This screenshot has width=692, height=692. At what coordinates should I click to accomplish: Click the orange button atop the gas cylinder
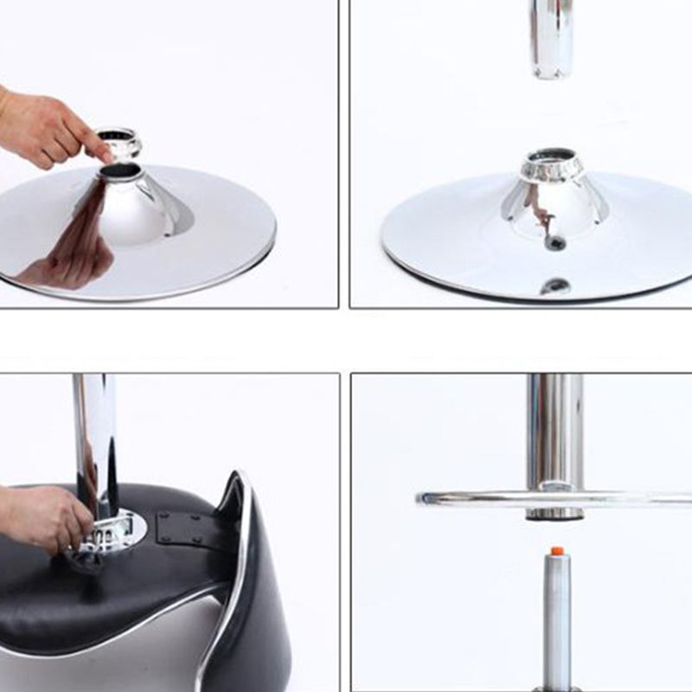(558, 550)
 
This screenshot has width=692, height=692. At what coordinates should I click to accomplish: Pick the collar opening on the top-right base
(552, 157)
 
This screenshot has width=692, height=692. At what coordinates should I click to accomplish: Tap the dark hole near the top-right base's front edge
(554, 285)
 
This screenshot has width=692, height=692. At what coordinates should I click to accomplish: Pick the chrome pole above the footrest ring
(554, 428)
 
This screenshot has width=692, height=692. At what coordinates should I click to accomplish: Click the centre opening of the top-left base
(120, 171)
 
